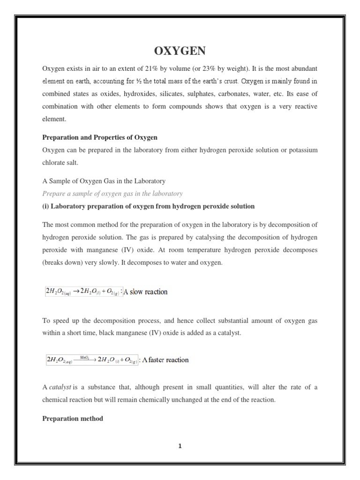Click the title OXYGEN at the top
pos(180,51)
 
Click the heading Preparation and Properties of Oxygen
pos(100,137)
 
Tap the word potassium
pos(301,150)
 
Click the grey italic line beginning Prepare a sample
pos(112,194)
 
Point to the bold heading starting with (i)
pos(149,206)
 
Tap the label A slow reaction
pos(146,292)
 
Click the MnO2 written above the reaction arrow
pos(85,357)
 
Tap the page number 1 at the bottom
pos(180,446)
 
